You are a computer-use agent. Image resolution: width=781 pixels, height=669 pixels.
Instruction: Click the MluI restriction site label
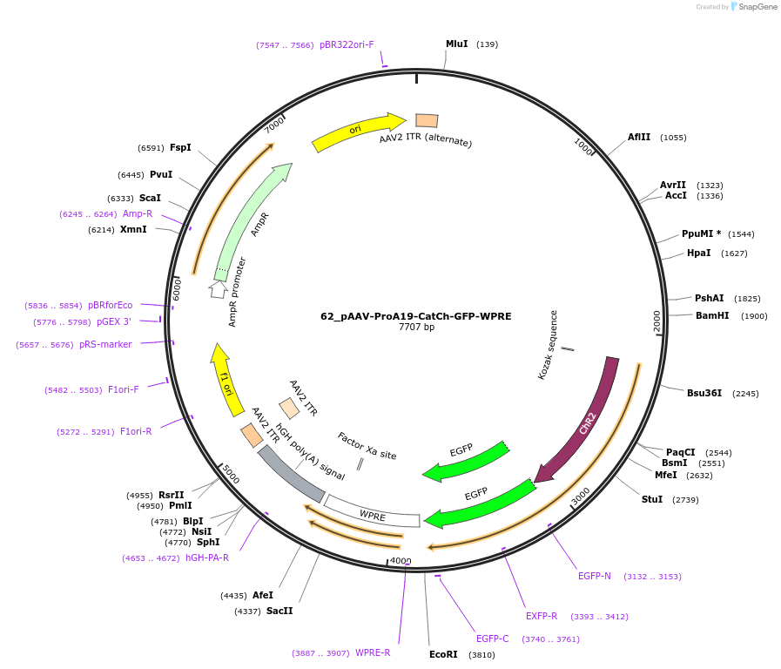pyautogui.click(x=457, y=44)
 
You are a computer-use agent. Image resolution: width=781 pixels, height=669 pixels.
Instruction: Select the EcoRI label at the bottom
pyautogui.click(x=443, y=654)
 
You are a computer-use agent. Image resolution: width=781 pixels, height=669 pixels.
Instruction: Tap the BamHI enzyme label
pyautogui.click(x=712, y=315)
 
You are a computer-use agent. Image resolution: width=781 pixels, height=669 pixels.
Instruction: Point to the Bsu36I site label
pyautogui.click(x=704, y=393)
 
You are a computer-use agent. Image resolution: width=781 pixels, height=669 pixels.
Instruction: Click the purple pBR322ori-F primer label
pyautogui.click(x=347, y=44)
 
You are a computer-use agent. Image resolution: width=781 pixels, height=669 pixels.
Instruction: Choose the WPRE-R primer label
pyautogui.click(x=373, y=652)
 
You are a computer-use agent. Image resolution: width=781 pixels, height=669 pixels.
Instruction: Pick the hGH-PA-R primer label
pyautogui.click(x=207, y=557)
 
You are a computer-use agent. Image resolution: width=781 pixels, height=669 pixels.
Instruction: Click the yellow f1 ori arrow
pyautogui.click(x=226, y=379)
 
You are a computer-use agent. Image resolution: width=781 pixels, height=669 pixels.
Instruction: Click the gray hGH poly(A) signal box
pyautogui.click(x=291, y=474)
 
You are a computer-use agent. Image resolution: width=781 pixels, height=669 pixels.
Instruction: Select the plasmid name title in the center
pyautogui.click(x=416, y=316)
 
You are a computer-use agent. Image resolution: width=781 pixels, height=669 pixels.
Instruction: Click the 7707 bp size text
pyautogui.click(x=416, y=328)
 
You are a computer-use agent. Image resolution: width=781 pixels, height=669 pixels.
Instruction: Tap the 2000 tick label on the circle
pyautogui.click(x=658, y=321)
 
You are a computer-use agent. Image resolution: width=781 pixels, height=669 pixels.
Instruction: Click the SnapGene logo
pyautogui.click(x=754, y=7)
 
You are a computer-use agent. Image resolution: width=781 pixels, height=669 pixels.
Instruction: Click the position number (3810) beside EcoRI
pyautogui.click(x=481, y=654)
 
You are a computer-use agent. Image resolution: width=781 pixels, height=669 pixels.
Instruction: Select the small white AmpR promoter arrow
pyautogui.click(x=218, y=288)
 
